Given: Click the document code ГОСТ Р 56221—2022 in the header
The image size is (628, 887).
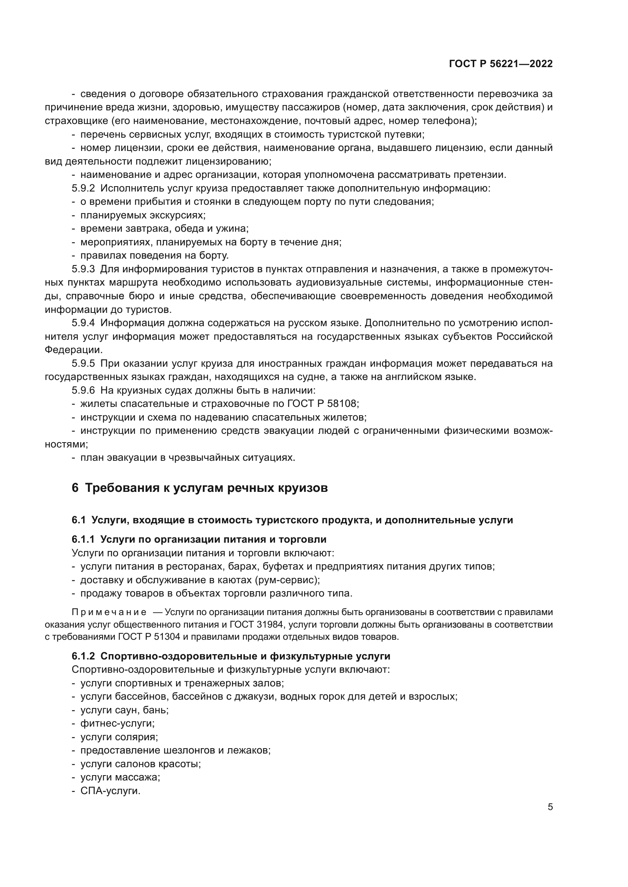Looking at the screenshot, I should click(501, 64).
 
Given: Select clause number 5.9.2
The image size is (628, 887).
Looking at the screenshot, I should click(83, 188).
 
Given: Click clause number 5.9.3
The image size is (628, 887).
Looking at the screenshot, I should click(83, 269).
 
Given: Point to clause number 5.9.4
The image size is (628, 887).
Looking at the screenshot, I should click(83, 323).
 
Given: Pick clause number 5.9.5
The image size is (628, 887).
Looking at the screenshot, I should click(83, 364).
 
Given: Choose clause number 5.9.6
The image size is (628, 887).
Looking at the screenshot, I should click(83, 390).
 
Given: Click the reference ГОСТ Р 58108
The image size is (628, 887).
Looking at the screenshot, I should click(323, 404).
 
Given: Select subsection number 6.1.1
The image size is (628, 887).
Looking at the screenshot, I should click(83, 539).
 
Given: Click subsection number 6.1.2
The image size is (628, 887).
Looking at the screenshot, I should click(83, 656).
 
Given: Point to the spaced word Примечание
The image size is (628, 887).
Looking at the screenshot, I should click(109, 612).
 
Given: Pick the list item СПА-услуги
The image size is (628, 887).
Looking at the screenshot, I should click(110, 791).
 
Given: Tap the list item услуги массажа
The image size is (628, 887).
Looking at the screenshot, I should click(120, 777).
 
